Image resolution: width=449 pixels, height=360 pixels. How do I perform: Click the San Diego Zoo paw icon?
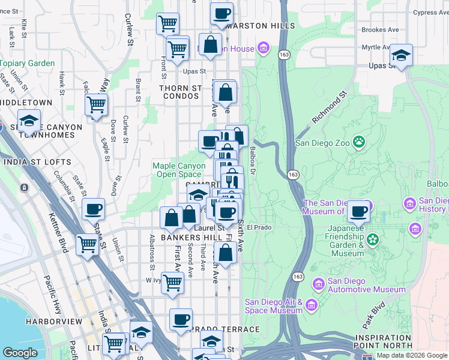[x=359, y=142]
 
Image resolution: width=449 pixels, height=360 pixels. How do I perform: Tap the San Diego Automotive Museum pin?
[x=318, y=283]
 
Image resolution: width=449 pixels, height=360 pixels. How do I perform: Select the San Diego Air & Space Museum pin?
[x=311, y=305]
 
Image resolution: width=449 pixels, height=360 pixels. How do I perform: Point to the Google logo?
[x=20, y=353]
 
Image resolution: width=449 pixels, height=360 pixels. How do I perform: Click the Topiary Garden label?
[x=28, y=63]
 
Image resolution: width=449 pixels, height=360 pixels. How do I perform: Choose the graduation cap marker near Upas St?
[x=400, y=56]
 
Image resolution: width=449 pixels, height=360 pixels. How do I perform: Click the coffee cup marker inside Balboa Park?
[x=359, y=211]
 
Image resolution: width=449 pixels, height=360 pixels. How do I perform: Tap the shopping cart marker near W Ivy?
[x=172, y=282]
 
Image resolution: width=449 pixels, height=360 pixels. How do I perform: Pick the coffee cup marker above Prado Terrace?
[x=181, y=320]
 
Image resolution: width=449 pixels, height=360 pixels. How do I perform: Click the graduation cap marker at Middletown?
[x=28, y=121]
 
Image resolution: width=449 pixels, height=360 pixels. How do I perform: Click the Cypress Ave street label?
[x=431, y=12]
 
